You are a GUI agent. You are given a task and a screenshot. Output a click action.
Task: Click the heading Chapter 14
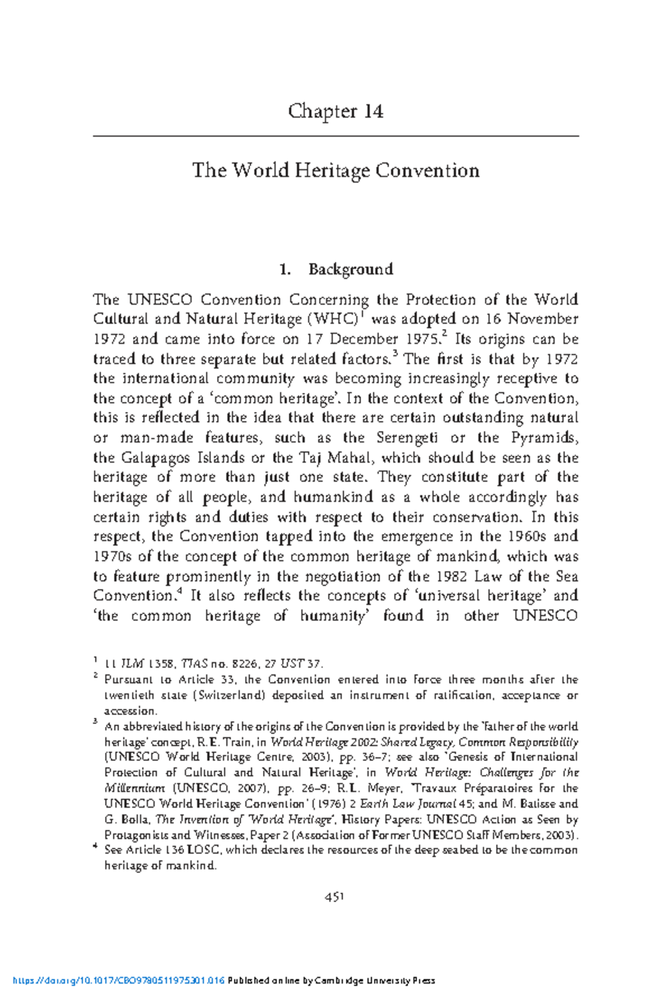[x=336, y=112]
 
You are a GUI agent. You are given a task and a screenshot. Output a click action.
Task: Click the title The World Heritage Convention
[x=336, y=170]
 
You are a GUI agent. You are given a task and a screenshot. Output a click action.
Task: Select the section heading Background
[x=351, y=270]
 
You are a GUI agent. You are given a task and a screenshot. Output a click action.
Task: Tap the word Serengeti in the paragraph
[x=406, y=438]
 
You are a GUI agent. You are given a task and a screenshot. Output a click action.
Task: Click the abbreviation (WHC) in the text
[x=332, y=319]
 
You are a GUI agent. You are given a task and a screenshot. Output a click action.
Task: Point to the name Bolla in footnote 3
[x=133, y=820]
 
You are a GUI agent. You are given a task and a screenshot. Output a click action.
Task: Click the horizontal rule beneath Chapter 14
[x=336, y=136]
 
